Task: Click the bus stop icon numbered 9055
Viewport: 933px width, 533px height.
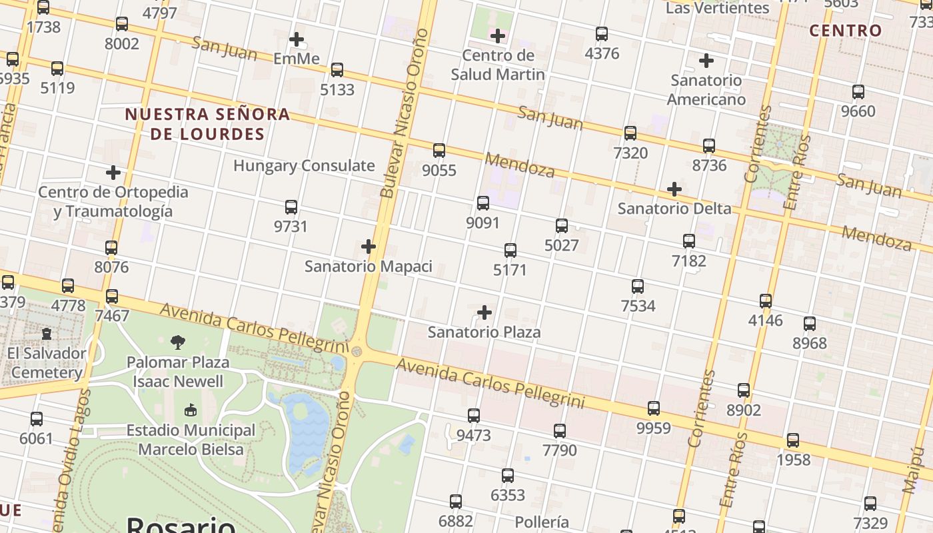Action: pyautogui.click(x=439, y=151)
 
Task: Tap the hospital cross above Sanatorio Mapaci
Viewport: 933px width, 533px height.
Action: pyautogui.click(x=369, y=247)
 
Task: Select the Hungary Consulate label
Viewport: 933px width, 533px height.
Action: pyautogui.click(x=304, y=166)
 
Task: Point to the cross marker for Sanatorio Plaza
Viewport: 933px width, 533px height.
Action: pyautogui.click(x=484, y=312)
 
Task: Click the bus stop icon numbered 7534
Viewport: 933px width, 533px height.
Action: pyautogui.click(x=638, y=286)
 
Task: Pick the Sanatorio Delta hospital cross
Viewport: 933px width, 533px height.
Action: pyautogui.click(x=674, y=189)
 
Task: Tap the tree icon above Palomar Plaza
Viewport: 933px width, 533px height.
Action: pyautogui.click(x=178, y=342)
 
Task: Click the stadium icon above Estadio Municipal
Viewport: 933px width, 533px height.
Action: pyautogui.click(x=191, y=410)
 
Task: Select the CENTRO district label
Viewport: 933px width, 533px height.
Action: pyautogui.click(x=845, y=31)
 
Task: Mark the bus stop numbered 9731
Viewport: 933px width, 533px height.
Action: pyautogui.click(x=291, y=207)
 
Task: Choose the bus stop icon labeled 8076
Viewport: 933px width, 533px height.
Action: pyautogui.click(x=111, y=248)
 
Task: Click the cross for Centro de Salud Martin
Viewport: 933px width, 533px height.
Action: pyautogui.click(x=497, y=36)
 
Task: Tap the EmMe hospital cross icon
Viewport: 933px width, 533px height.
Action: pyautogui.click(x=297, y=39)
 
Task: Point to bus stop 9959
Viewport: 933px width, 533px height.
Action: pyautogui.click(x=654, y=408)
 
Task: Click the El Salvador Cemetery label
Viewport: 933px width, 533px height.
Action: pyautogui.click(x=47, y=362)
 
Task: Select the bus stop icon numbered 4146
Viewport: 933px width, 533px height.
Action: pyautogui.click(x=766, y=301)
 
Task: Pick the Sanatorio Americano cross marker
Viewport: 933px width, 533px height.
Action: pyautogui.click(x=706, y=61)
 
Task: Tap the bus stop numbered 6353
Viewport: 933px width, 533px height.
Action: pyautogui.click(x=508, y=476)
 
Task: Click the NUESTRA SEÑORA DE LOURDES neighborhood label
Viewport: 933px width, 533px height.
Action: pyautogui.click(x=208, y=125)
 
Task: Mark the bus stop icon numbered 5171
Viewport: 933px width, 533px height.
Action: pyautogui.click(x=510, y=251)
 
